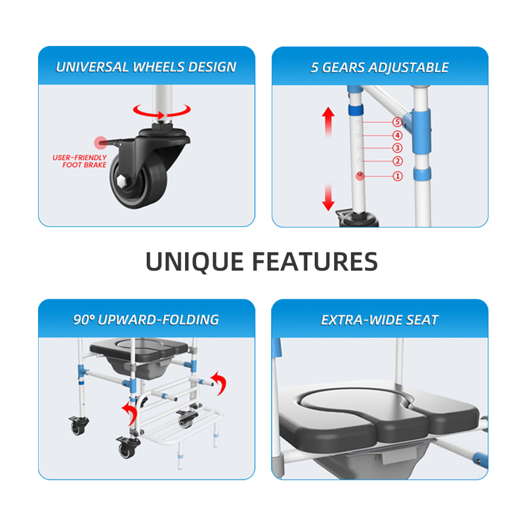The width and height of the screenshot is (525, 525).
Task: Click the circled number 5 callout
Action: [398, 122]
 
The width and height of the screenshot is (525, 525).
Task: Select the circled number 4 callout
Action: [398, 135]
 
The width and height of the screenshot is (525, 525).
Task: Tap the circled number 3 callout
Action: [398, 148]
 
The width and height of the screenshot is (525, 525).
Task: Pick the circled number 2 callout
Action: [398, 161]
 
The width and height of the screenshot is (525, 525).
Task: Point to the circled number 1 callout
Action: [398, 176]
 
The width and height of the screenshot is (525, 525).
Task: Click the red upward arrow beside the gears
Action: [328, 122]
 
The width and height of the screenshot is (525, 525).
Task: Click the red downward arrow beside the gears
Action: [328, 197]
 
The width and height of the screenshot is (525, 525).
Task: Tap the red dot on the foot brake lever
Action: [100, 143]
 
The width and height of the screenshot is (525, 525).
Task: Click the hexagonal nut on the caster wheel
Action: [122, 181]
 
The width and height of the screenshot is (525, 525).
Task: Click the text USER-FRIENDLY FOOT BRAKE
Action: [79, 161]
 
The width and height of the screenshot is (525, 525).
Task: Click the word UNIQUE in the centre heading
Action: [194, 261]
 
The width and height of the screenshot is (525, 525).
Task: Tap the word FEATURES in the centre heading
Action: [315, 261]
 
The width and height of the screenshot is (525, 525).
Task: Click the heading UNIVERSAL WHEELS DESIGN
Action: [146, 67]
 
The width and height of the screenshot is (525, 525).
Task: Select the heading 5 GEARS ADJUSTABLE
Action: [379, 68]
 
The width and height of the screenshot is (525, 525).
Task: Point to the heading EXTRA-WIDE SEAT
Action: [379, 320]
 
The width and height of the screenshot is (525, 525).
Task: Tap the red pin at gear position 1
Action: [360, 175]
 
